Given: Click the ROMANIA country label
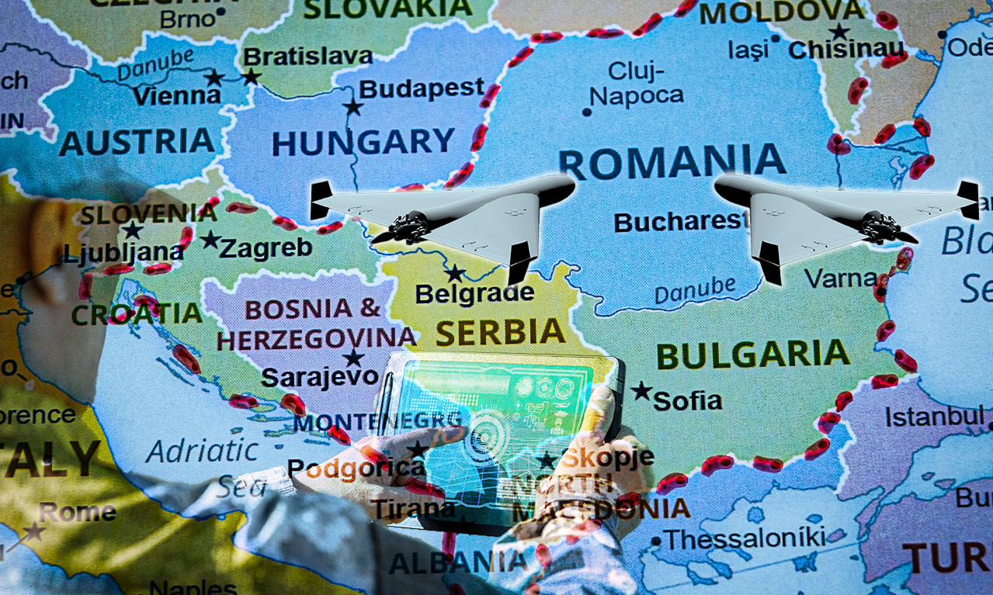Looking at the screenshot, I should point(672,161).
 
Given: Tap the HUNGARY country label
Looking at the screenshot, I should point(363,142).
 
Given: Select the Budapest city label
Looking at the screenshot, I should point(422,88).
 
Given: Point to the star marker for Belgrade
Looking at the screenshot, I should point(454,273).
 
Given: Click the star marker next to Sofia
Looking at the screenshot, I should point(641,391).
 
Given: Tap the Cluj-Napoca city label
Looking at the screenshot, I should point(637,84).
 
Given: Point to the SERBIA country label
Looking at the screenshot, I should point(499,332).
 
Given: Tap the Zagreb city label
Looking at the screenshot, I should point(266,247).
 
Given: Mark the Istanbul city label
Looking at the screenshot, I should point(934,417).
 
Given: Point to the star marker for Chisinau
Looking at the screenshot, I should point(839,32).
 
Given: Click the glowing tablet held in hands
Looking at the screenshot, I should point(501,434).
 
